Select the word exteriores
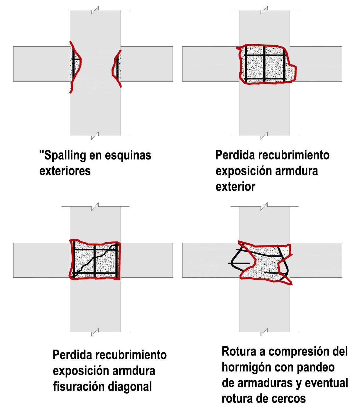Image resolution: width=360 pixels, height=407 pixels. [65, 171]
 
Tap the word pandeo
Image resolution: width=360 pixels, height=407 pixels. [319, 367]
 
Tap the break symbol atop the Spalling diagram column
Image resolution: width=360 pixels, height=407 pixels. [95, 11]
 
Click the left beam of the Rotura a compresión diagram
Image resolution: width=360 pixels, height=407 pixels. [205, 260]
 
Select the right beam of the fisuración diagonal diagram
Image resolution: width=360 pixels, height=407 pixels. [147, 260]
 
